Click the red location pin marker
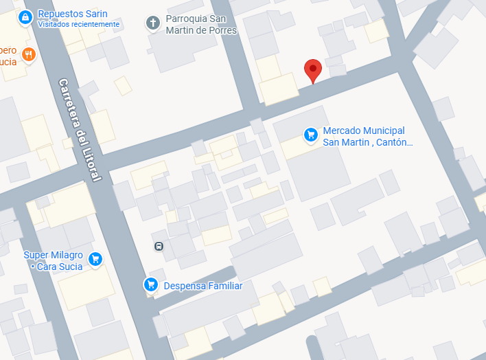[313, 69]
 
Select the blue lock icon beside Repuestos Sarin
[25, 16]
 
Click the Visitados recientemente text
[78, 25]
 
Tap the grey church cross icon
[152, 23]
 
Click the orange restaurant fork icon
[28, 54]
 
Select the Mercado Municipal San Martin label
[367, 136]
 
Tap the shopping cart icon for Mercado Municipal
[310, 134]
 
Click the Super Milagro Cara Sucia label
[54, 260]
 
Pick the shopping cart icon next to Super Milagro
[95, 258]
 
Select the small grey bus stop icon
[159, 246]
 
